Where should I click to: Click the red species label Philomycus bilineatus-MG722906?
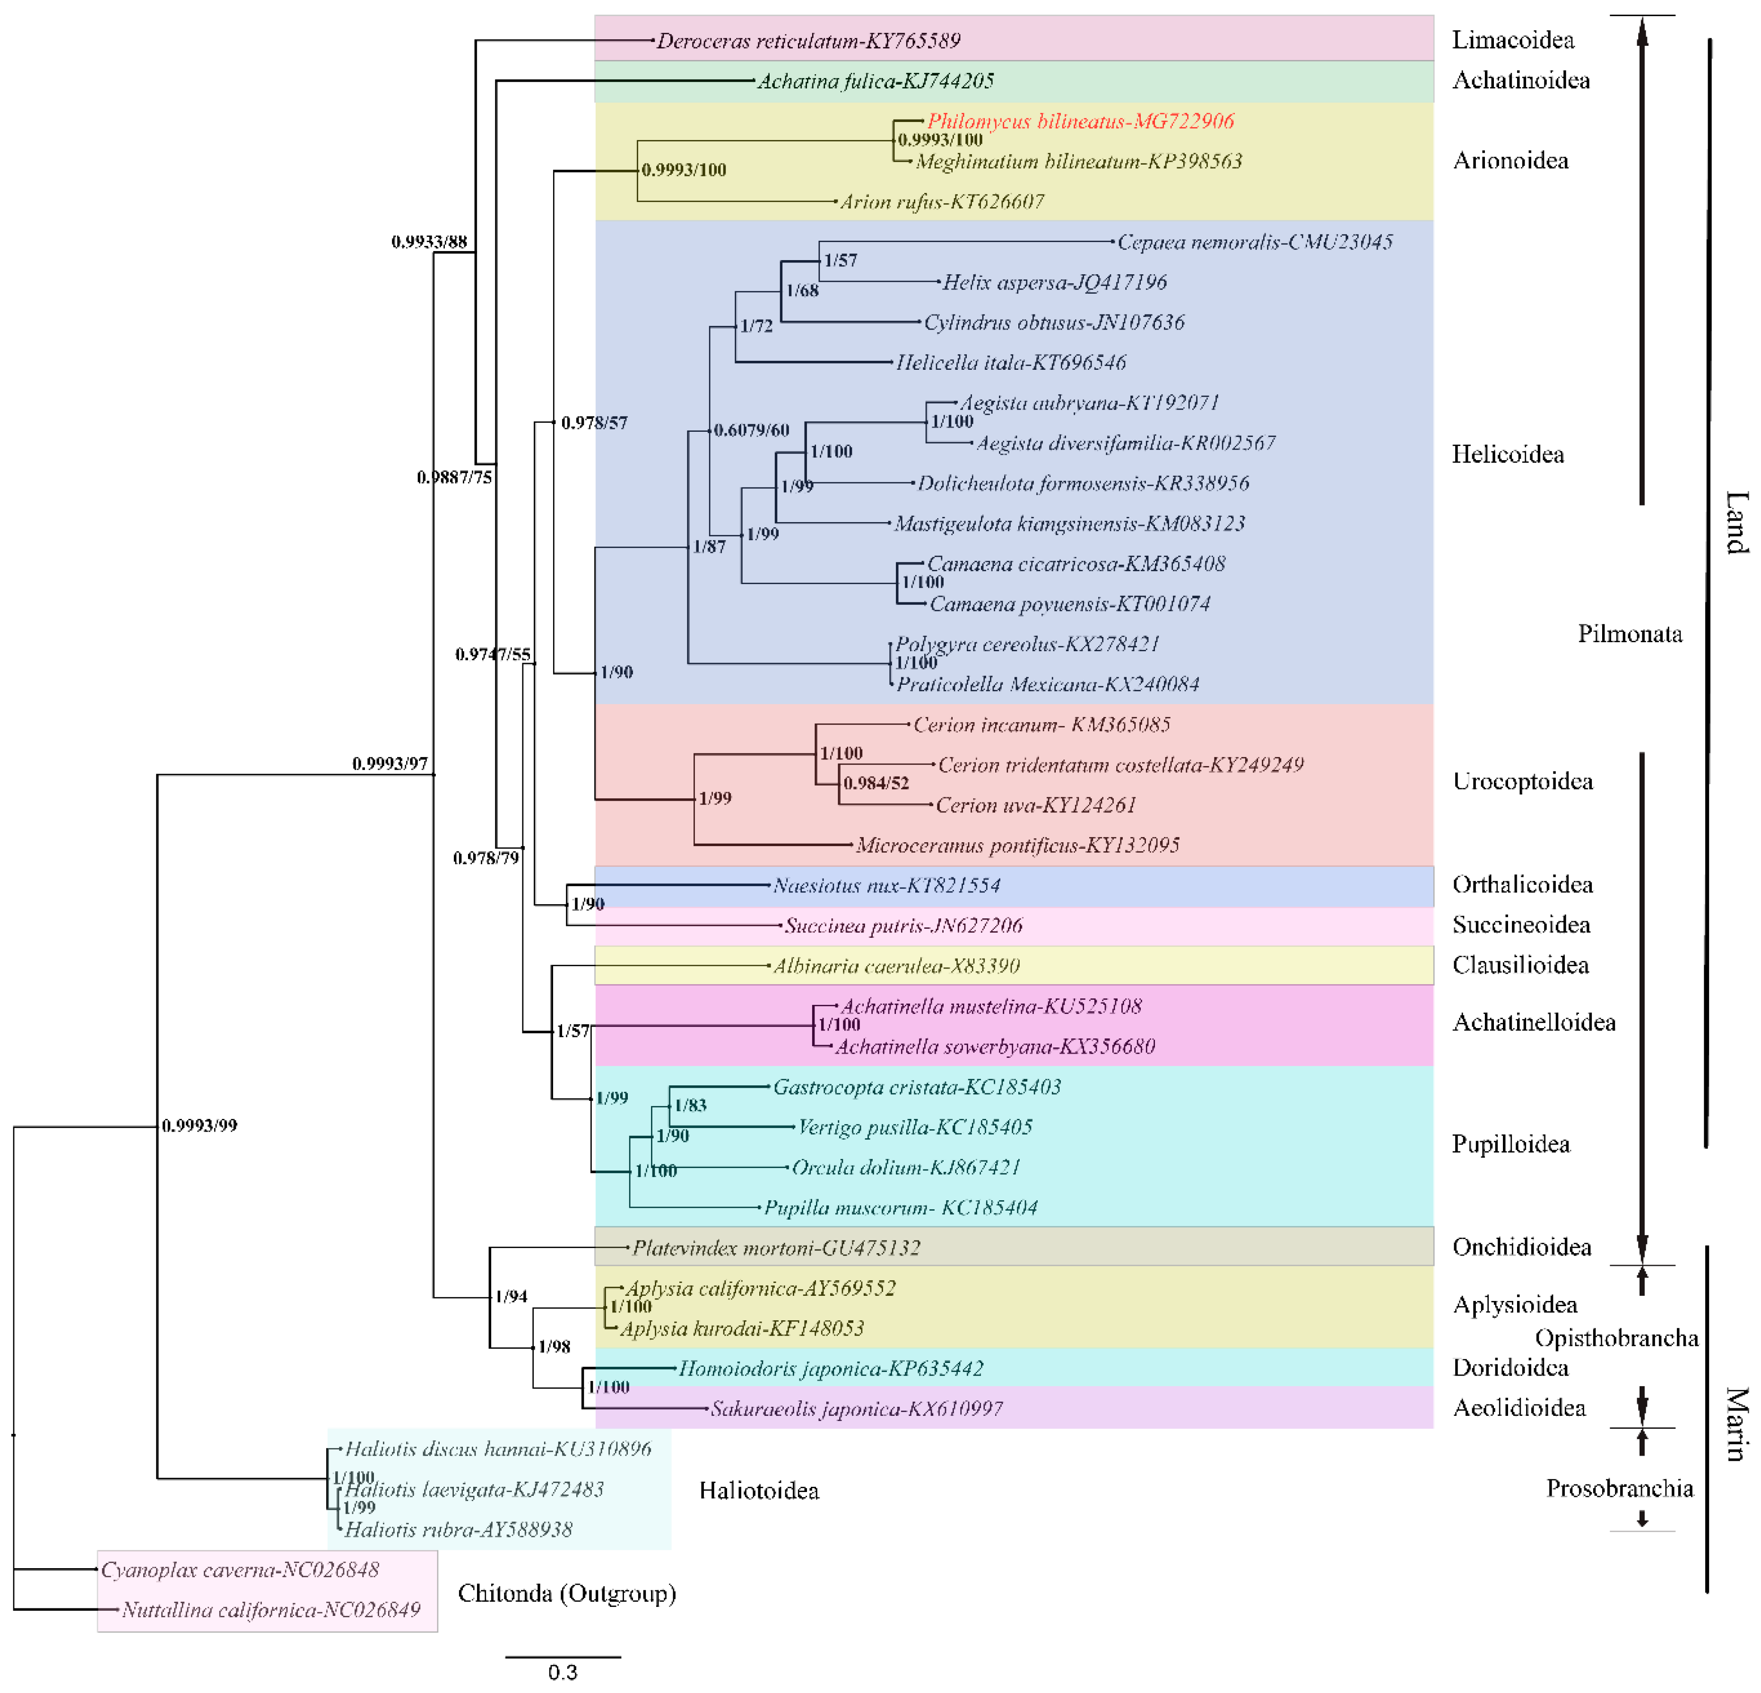1080,121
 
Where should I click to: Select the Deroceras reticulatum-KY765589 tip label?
808,41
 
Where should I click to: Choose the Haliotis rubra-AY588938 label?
458,1529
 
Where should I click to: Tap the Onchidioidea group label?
1521,1247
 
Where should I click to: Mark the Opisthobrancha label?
1615,1338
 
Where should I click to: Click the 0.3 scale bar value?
563,1672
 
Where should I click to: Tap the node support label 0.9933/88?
429,242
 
